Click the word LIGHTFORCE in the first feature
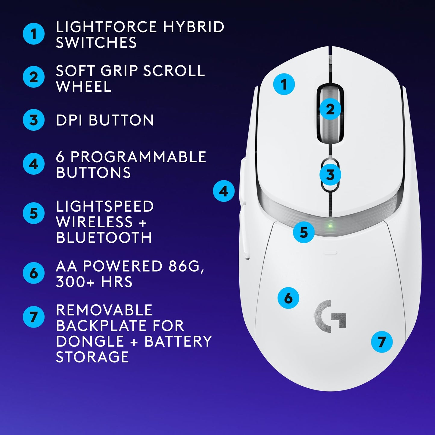107,27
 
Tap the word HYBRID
194,27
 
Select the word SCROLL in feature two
174,71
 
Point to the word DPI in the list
70,120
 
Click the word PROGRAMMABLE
138,157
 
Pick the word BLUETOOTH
104,238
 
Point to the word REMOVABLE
104,310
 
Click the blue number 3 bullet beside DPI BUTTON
34,120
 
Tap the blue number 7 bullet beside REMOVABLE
34,317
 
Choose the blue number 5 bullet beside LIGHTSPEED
34,213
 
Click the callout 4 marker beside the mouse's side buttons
224,191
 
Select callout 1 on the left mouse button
284,84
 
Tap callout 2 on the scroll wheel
330,109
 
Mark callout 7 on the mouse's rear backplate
381,342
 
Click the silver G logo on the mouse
330,316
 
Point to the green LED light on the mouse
330,226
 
